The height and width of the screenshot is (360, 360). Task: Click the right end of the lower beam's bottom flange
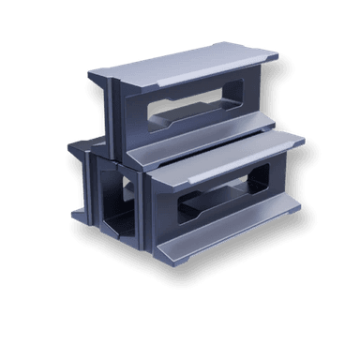(298, 203)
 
